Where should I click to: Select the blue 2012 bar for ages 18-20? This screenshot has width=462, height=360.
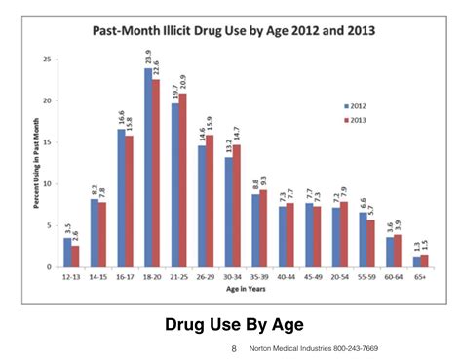148,167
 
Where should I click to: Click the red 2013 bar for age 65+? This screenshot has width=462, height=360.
424,260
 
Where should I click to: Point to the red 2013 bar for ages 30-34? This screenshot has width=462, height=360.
236,206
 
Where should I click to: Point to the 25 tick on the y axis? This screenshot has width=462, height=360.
46,60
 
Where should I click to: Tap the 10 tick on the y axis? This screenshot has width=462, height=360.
46,183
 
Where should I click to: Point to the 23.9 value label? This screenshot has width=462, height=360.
148,57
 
